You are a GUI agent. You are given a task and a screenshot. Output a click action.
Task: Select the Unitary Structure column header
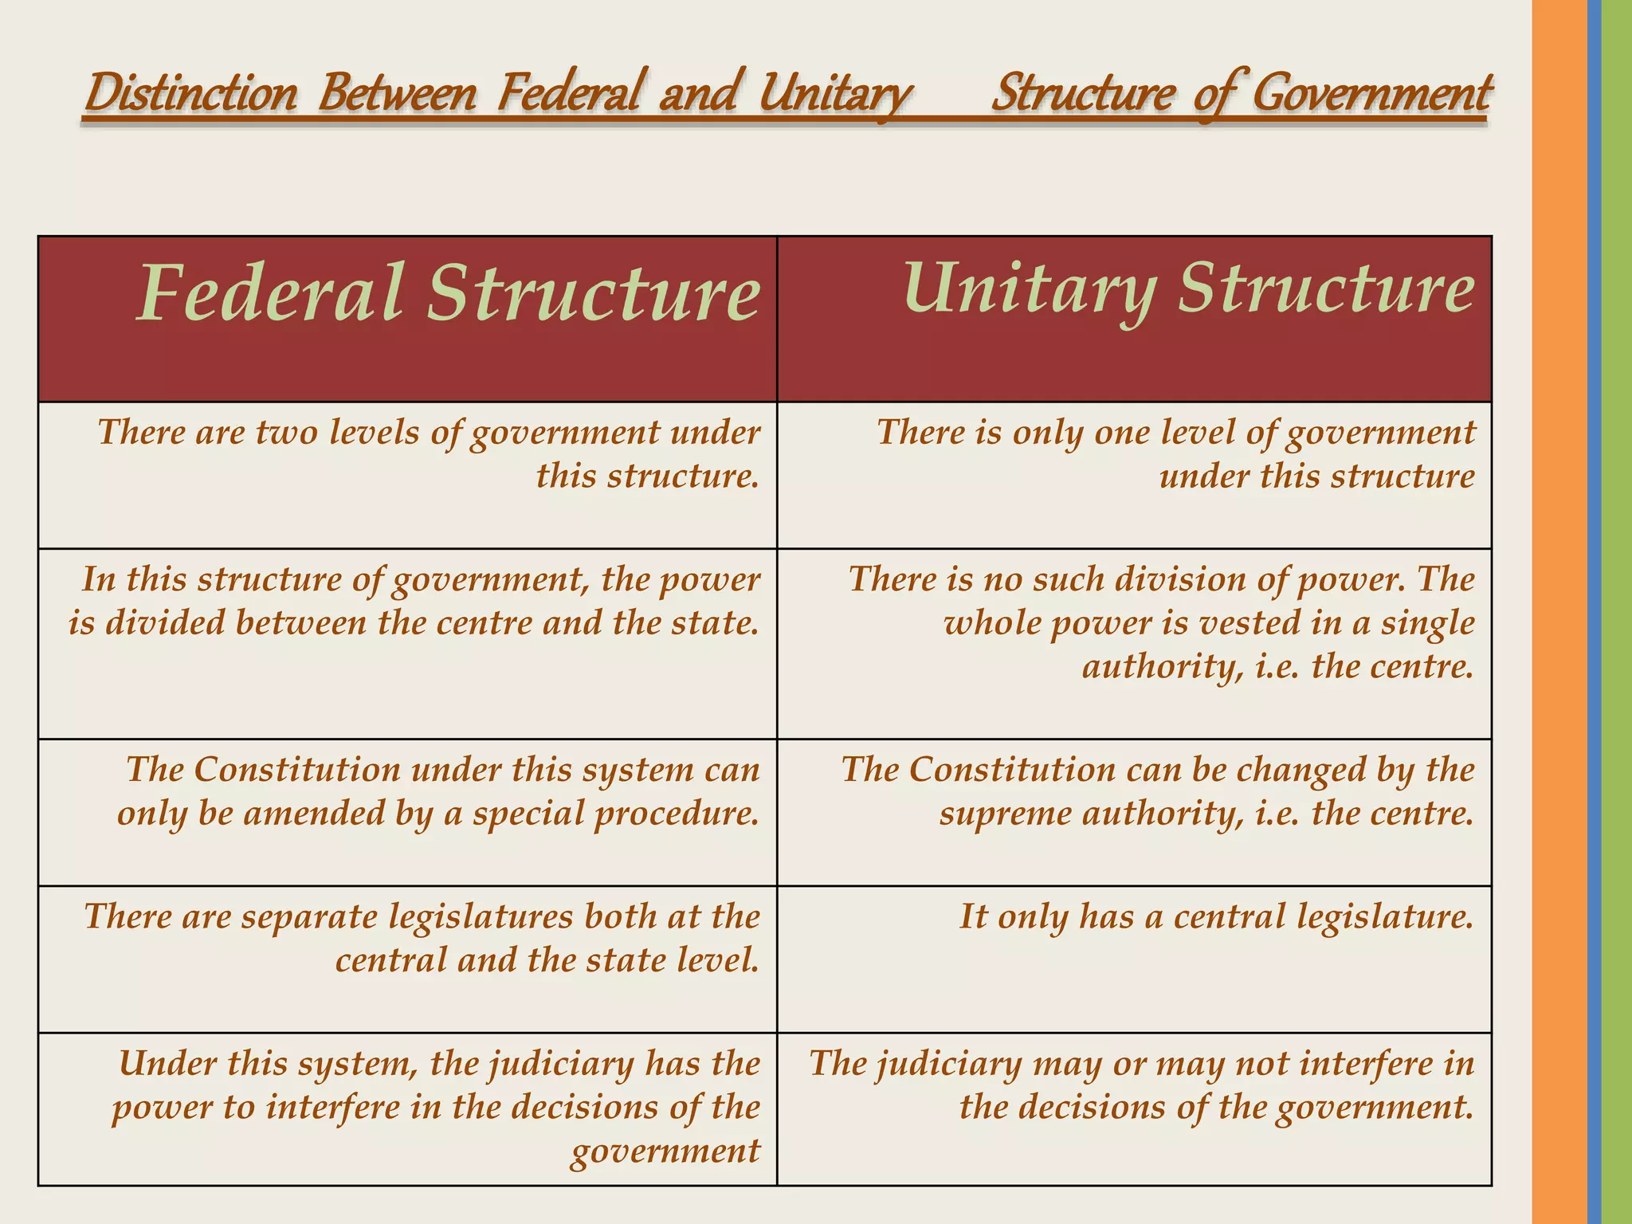1188,288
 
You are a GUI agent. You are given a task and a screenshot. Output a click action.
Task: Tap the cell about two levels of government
429,454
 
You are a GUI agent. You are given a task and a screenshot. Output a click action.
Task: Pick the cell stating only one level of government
1176,454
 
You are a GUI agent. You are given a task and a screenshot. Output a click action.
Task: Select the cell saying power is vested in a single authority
1161,622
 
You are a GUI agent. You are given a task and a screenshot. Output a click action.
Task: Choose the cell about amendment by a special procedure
439,791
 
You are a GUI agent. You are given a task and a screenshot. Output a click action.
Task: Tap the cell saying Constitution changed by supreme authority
1158,791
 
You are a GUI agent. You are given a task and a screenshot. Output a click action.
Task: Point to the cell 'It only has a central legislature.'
1216,916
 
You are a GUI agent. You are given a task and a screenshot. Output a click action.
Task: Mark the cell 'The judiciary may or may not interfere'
1142,1085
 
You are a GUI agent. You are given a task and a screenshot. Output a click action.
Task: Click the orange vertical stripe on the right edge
1559,612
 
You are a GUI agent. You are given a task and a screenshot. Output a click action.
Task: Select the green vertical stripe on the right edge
1617,612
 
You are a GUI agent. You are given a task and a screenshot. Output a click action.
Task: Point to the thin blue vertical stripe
1594,612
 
